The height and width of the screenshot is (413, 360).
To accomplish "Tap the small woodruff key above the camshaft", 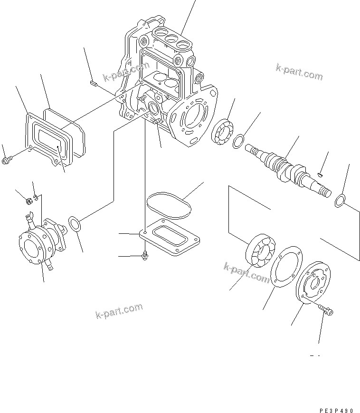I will (x=321, y=174).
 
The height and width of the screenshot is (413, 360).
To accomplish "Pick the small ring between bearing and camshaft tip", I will (x=239, y=141).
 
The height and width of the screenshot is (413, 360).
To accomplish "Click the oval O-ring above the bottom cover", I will (x=169, y=202).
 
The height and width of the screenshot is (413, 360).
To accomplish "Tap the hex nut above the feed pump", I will (x=28, y=202).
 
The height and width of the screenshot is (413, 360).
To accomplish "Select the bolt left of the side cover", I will (x=7, y=163).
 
